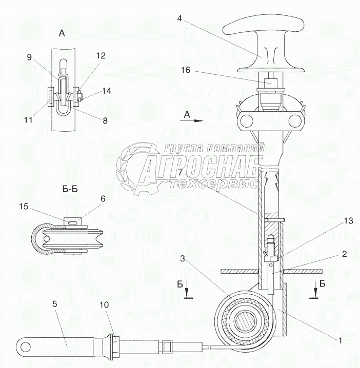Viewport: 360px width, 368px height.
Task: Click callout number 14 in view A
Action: tap(107, 90)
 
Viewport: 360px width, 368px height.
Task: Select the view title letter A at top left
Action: tap(62, 33)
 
